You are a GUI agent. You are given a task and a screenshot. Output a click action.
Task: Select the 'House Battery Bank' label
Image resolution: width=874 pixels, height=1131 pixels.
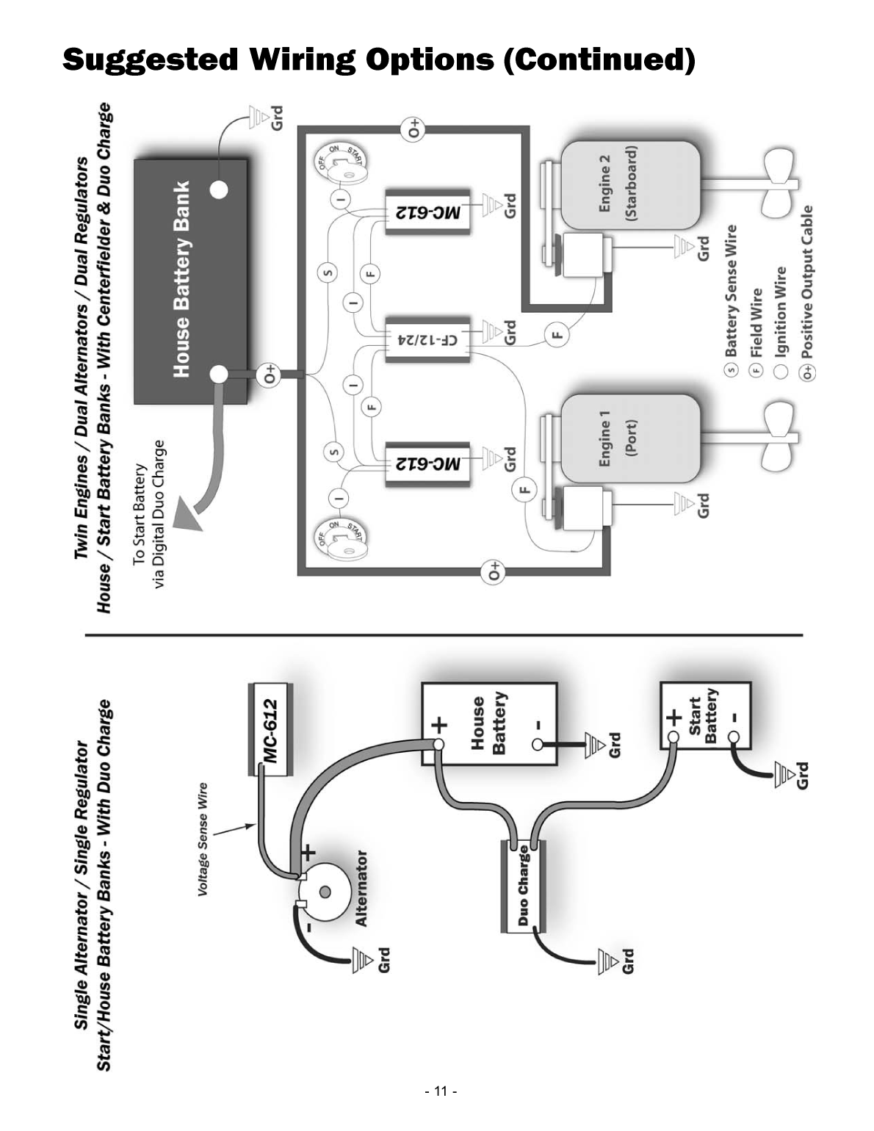pyautogui.click(x=181, y=279)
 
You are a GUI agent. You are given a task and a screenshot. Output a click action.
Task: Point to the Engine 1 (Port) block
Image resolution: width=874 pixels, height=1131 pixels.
pyautogui.click(x=629, y=438)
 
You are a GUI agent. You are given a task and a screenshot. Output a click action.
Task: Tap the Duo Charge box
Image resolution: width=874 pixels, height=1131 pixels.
pyautogui.click(x=522, y=886)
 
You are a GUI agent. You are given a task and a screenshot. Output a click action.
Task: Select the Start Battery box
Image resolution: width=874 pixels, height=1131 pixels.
pyautogui.click(x=705, y=716)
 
